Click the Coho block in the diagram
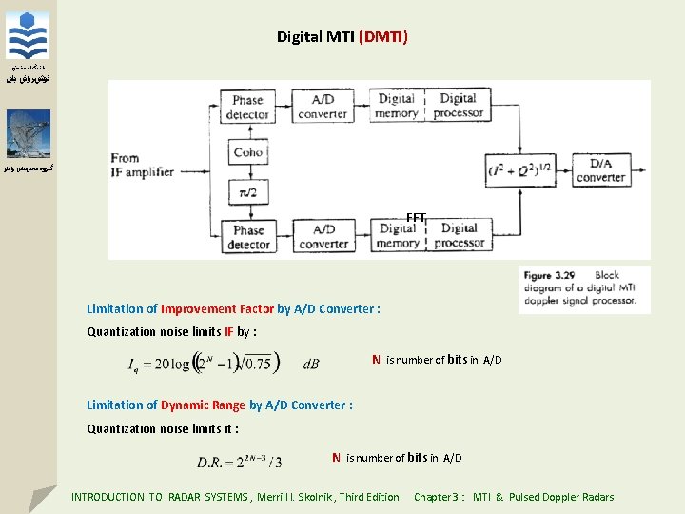click(247, 151)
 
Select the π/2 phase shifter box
click(247, 193)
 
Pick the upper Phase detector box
click(247, 108)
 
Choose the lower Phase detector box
click(247, 237)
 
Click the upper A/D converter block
click(323, 107)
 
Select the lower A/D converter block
click(323, 237)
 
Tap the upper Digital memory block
click(396, 106)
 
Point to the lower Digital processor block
click(458, 236)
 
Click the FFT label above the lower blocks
click(416, 218)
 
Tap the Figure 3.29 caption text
click(584, 288)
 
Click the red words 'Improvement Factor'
click(217, 309)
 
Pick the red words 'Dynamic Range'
click(203, 405)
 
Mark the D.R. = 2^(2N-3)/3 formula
click(240, 462)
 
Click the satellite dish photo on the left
click(29, 133)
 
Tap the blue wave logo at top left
click(29, 36)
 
